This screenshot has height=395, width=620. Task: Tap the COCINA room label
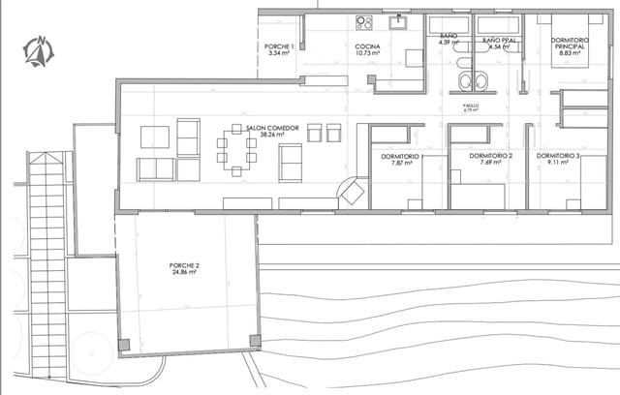click(x=366, y=46)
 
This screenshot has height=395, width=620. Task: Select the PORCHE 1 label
click(x=278, y=46)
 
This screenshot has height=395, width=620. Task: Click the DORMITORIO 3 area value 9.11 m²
click(x=557, y=164)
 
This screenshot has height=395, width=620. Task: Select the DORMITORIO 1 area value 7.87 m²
click(x=397, y=164)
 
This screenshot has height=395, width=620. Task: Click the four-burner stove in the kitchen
click(x=364, y=22)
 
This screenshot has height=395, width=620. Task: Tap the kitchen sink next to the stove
click(x=398, y=21)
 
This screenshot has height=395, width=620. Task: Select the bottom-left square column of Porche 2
click(x=123, y=345)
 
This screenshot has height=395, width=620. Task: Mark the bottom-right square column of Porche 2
click(x=255, y=340)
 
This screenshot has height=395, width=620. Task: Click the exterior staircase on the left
click(x=46, y=261)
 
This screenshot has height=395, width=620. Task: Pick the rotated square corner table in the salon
click(x=352, y=193)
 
